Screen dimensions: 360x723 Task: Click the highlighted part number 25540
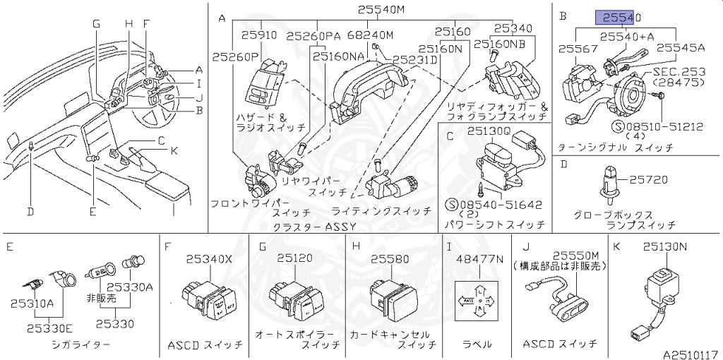pyautogui.click(x=619, y=17)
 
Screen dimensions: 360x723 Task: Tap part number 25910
pyautogui.click(x=259, y=34)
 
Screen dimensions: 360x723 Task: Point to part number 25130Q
pyautogui.click(x=487, y=131)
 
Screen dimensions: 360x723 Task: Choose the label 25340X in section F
pyautogui.click(x=208, y=259)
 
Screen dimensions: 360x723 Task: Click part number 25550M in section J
pyautogui.click(x=575, y=256)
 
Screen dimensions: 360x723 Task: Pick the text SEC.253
pyautogui.click(x=679, y=72)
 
